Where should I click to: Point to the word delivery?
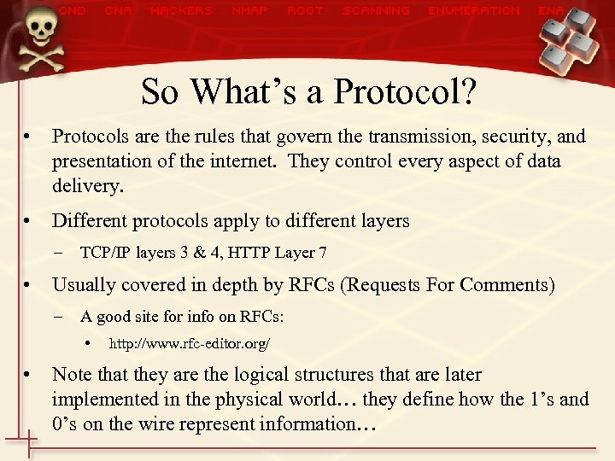[87, 185]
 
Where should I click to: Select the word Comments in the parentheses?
[503, 285]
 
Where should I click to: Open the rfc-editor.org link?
[190, 344]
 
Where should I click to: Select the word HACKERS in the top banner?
[181, 11]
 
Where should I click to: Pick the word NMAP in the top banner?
[249, 11]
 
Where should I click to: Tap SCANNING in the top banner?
[376, 11]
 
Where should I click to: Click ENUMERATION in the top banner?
[474, 11]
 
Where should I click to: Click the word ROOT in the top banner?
[305, 11]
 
